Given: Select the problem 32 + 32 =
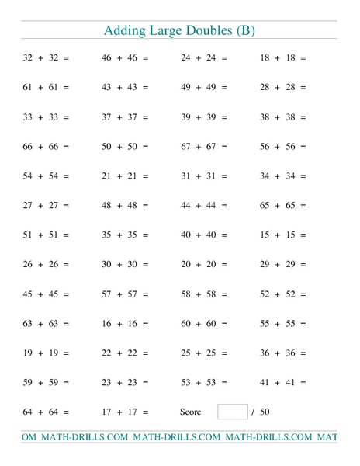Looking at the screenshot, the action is (x=46, y=57).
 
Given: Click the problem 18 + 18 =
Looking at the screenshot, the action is (x=283, y=57).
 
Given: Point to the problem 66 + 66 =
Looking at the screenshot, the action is (x=46, y=146).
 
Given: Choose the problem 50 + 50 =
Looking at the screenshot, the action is (x=125, y=146).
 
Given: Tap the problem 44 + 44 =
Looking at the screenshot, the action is (x=204, y=205).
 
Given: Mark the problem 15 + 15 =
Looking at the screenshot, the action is (x=283, y=235).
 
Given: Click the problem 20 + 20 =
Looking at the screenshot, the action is (x=204, y=264).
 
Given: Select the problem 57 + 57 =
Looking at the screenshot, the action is (x=125, y=294).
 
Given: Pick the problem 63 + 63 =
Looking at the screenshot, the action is (x=46, y=323).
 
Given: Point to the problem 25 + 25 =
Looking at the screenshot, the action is (x=204, y=353).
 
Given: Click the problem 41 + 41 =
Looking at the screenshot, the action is (x=283, y=382).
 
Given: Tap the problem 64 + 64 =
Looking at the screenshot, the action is (x=46, y=412).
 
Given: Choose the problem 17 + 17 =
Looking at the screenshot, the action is (x=125, y=412).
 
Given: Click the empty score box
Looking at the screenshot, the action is (x=232, y=412).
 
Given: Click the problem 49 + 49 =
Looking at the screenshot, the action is (x=204, y=87).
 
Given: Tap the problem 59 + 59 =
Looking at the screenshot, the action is (x=46, y=382).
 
